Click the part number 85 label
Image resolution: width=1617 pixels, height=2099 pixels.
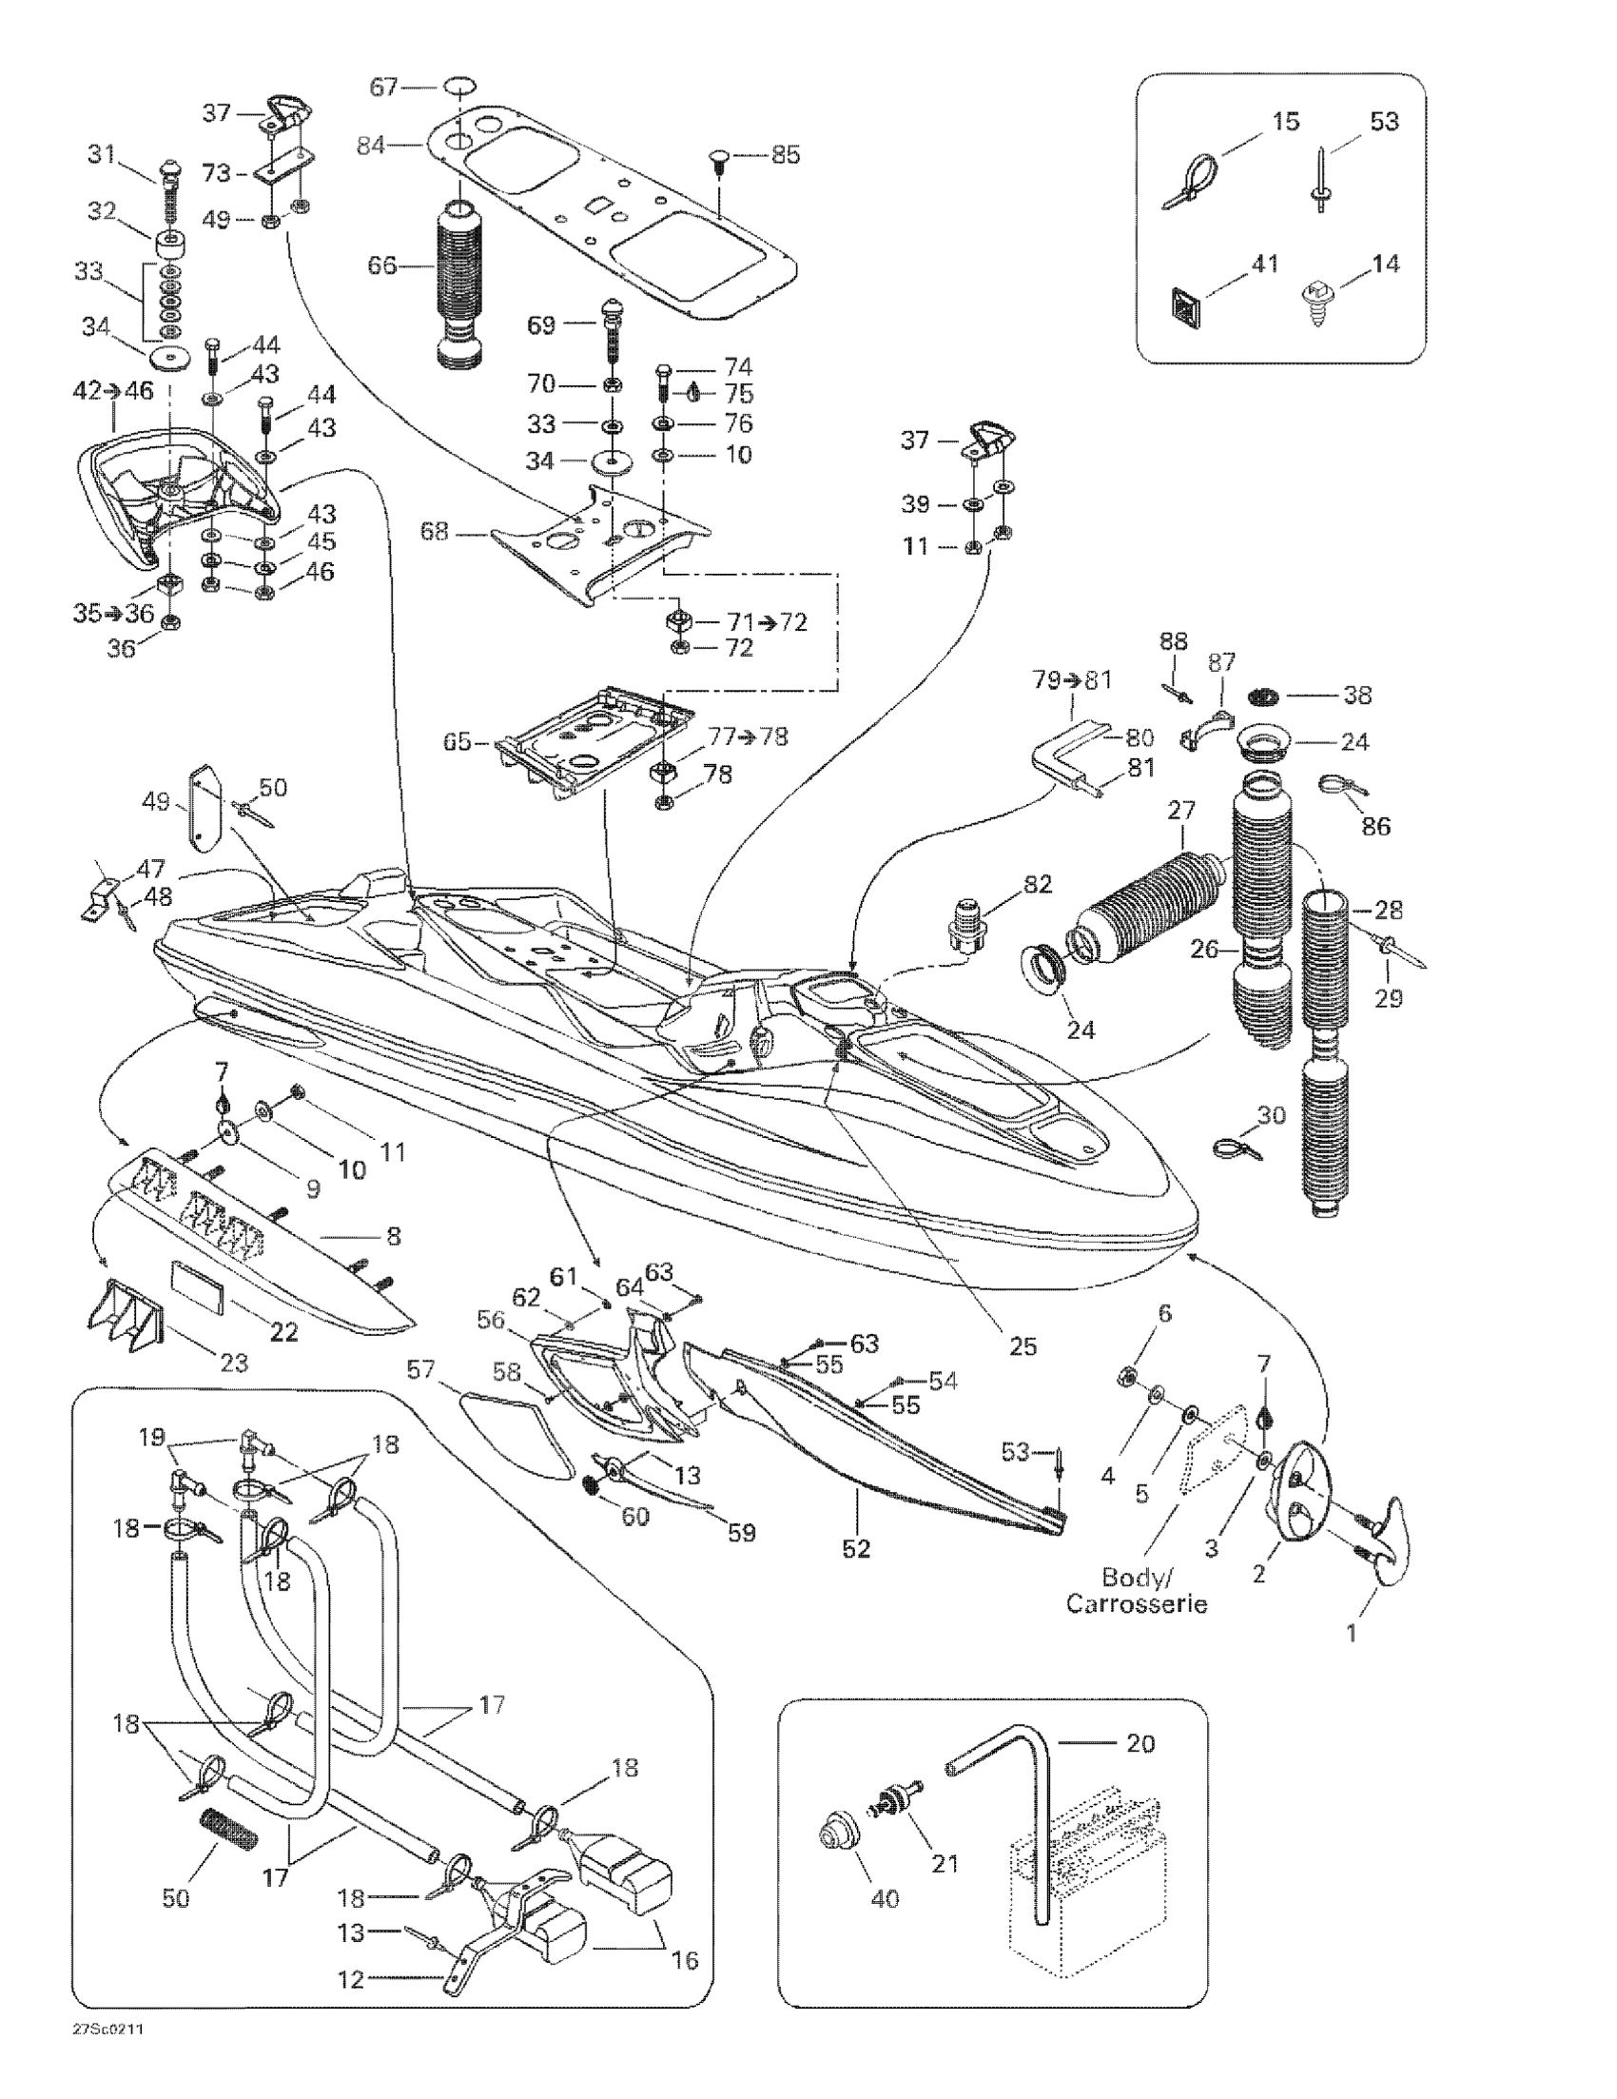[x=785, y=155]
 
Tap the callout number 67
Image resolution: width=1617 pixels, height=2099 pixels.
[x=384, y=88]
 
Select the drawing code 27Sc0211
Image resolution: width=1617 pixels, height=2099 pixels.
[x=101, y=2030]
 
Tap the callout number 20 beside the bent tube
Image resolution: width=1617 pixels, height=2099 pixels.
[x=1140, y=1741]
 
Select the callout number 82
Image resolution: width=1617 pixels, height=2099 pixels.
[x=1038, y=883]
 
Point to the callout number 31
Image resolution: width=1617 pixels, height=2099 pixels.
[x=101, y=155]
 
